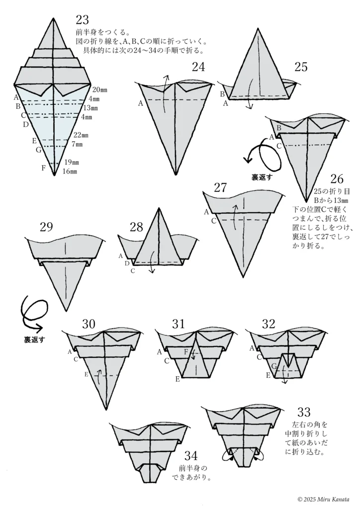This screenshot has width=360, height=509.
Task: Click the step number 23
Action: tap(82, 20)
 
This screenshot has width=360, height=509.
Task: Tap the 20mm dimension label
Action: tap(99, 89)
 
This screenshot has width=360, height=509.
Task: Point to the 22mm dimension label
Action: tap(81, 135)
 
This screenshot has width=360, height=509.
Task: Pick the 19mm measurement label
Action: tap(72, 163)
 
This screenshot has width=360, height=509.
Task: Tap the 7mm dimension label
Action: tap(77, 144)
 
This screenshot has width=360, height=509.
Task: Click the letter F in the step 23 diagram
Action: tap(44, 168)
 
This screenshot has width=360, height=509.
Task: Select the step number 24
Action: tap(198, 68)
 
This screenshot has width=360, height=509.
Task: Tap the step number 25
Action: tap(300, 67)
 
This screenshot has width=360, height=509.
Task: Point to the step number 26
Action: tap(336, 179)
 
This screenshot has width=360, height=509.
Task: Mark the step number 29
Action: tap(46, 227)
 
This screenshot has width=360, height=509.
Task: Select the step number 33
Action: tap(304, 412)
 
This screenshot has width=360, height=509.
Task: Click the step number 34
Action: tap(191, 455)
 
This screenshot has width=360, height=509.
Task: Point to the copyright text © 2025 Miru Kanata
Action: tap(323, 499)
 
